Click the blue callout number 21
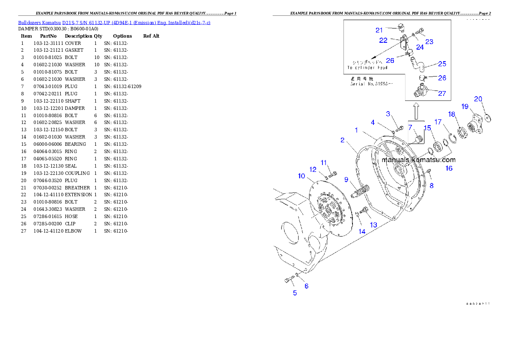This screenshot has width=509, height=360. pos(379,30)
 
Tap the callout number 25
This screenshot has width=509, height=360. pos(442,64)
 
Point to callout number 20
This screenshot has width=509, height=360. pos(478,99)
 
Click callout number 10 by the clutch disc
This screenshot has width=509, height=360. pos(301,176)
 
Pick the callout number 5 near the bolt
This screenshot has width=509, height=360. pos(295,293)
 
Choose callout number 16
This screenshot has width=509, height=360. pos(449,168)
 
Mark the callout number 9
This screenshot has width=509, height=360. pos(346,180)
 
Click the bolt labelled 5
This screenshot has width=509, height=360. pos(289,280)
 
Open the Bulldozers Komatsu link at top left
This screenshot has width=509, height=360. pos(114,23)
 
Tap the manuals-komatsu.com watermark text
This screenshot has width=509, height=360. pos(418,160)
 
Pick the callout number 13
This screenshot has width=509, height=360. pos(373,225)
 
